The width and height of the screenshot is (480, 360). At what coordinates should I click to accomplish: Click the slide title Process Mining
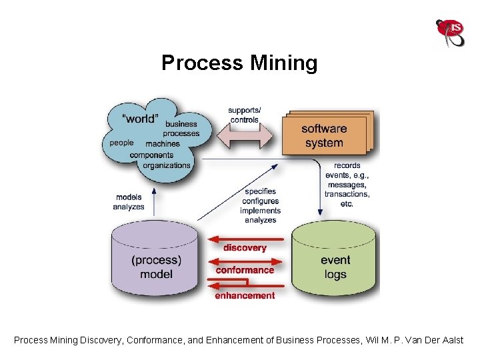[x=239, y=63]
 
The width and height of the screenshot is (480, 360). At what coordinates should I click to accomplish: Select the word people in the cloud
[x=121, y=143]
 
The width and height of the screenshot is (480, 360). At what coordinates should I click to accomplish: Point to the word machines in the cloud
[x=163, y=143]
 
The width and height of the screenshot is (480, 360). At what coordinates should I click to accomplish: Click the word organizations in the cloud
[x=167, y=165]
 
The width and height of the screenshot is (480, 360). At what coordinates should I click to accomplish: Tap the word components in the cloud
[x=151, y=155]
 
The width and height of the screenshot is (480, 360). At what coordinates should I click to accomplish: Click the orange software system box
[x=325, y=136]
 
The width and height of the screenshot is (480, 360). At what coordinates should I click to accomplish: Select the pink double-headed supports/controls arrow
[x=243, y=139]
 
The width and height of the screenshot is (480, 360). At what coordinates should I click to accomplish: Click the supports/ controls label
[x=245, y=115]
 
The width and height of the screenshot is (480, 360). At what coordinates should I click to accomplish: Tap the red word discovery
[x=245, y=247]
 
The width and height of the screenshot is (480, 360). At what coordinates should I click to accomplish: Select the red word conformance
[x=245, y=270]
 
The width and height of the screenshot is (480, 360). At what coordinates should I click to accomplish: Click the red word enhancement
[x=245, y=295]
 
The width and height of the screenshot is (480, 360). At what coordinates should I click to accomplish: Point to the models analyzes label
[x=129, y=202]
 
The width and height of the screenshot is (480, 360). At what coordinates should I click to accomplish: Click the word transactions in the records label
[x=347, y=194]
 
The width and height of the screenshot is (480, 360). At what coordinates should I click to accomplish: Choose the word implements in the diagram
[x=261, y=211]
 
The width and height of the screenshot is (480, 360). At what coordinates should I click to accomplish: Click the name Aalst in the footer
[x=451, y=340]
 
